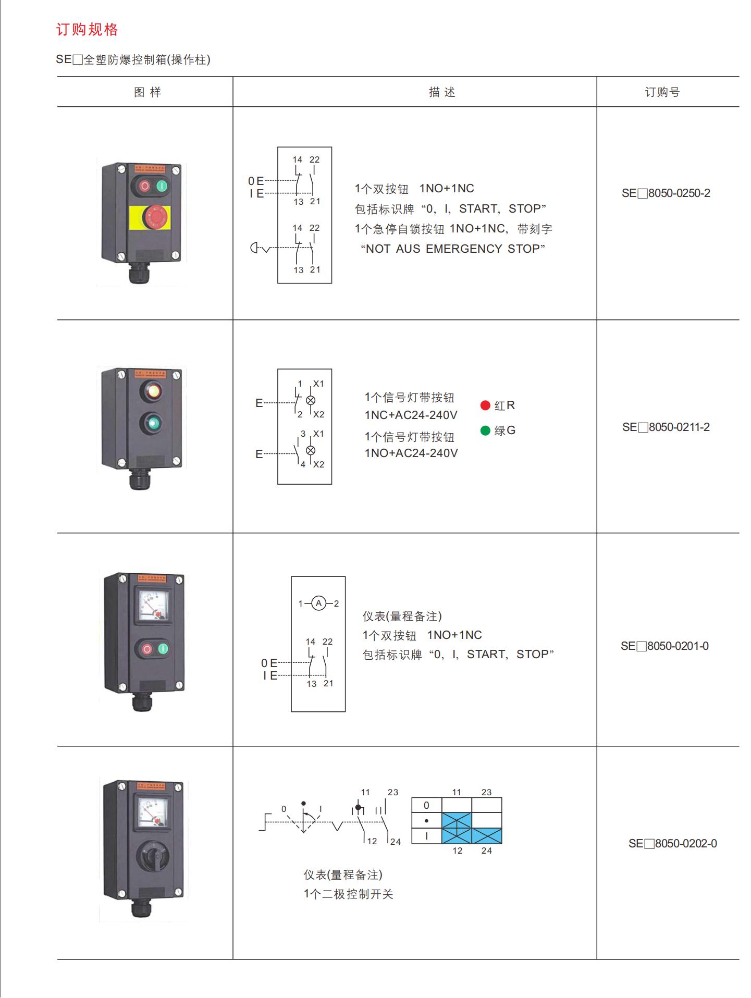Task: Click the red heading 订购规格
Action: (87, 30)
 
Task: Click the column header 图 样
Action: (147, 92)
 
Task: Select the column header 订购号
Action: (662, 92)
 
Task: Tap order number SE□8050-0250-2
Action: (666, 193)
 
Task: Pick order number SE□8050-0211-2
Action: (666, 427)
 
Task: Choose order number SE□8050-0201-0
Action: (664, 646)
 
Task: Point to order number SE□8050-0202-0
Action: (672, 843)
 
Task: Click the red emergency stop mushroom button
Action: (155, 216)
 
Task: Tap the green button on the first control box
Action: (162, 186)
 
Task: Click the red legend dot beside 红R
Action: (485, 405)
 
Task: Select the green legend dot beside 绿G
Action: (485, 430)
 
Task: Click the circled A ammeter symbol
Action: (318, 603)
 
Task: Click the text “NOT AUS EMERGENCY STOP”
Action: (453, 249)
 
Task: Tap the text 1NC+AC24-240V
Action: (411, 415)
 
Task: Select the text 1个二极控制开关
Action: (348, 894)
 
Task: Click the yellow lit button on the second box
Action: (153, 391)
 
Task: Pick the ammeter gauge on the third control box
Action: (152, 605)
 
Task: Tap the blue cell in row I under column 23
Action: (487, 836)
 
